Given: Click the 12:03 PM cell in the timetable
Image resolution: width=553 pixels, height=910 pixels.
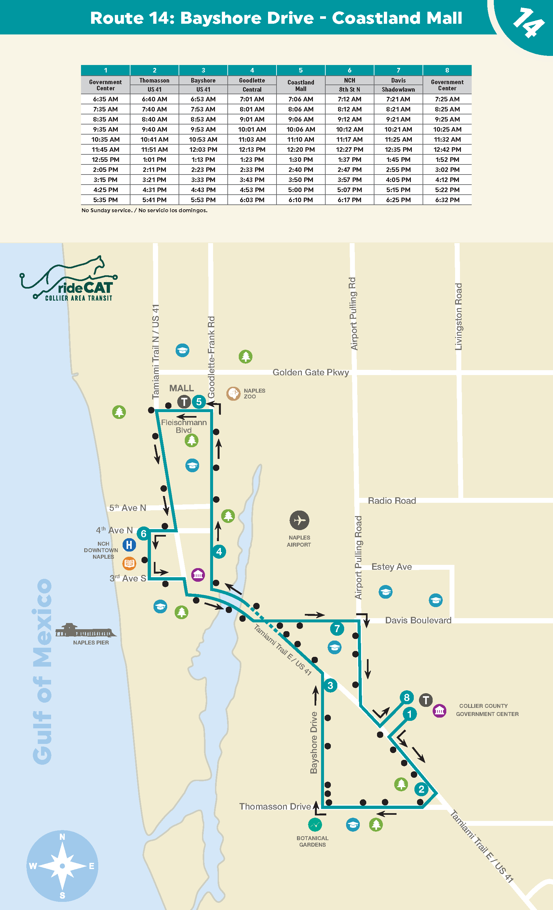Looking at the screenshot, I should [203, 149].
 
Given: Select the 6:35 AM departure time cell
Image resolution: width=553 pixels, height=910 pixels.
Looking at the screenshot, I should [105, 99].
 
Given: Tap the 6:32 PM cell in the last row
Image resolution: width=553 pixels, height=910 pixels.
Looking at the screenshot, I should [447, 200].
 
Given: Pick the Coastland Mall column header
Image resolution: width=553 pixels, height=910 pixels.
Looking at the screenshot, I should [301, 85].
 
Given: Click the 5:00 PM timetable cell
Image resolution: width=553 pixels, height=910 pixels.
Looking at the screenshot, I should [301, 190].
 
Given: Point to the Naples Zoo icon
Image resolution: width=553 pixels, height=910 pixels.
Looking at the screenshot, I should [233, 394].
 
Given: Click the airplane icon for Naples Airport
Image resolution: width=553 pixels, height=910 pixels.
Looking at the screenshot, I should [299, 520].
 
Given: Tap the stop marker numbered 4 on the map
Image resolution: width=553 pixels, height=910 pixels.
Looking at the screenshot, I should [219, 552].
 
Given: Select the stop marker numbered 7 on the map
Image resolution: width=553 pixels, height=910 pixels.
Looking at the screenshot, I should [337, 628].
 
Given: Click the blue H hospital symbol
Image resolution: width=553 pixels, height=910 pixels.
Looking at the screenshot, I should [129, 544].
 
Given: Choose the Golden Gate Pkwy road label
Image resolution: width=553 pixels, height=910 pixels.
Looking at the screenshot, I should [311, 372].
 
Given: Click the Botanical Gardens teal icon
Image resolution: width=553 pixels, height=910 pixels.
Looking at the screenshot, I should [315, 824].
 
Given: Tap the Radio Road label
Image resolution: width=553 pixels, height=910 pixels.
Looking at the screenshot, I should [392, 501].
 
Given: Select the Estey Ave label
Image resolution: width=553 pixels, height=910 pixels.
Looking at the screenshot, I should [391, 566].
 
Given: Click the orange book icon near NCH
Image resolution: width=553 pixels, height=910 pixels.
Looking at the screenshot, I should [129, 563].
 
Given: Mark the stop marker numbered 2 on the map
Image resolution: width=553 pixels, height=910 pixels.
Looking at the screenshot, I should [421, 789].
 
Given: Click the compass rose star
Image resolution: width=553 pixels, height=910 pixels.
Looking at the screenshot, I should [62, 866].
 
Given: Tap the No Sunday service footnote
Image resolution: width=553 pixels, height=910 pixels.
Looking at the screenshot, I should [144, 211].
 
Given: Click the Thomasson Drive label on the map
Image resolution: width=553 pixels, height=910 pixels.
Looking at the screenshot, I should [275, 807].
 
